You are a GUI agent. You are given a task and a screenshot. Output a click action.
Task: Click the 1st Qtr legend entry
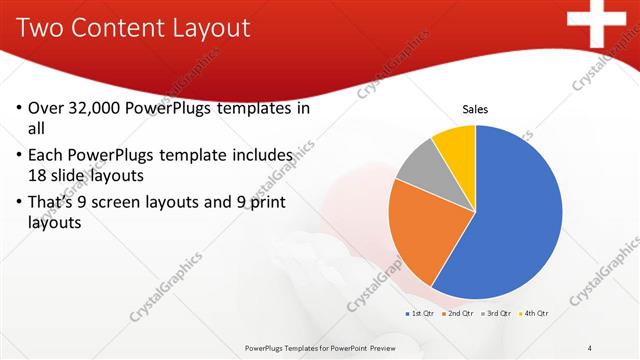tap(419, 313)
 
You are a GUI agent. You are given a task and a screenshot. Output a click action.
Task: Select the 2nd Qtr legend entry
tap(457, 313)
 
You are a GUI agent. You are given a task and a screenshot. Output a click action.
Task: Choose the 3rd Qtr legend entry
tap(496, 313)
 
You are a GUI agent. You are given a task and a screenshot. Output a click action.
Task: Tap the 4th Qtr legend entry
tap(534, 313)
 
